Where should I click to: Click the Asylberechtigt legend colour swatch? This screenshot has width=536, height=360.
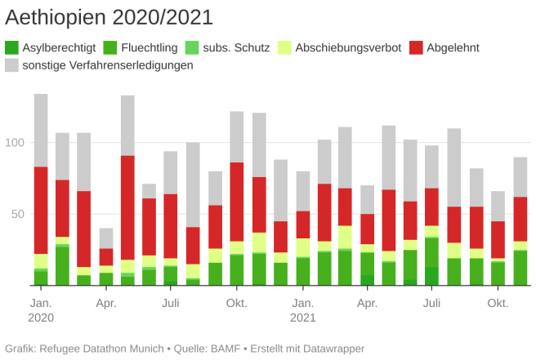pos(11,47)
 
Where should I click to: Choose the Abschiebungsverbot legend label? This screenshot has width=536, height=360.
pos(348,47)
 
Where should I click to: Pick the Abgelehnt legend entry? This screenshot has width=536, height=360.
pos(453,47)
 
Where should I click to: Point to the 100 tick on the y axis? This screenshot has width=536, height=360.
pos(16,143)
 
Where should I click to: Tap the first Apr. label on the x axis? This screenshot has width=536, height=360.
pos(106,304)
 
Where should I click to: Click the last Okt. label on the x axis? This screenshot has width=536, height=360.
pos(498,304)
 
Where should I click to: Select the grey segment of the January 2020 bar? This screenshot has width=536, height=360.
pos(41,130)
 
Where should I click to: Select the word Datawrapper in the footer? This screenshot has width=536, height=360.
pos(330,349)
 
